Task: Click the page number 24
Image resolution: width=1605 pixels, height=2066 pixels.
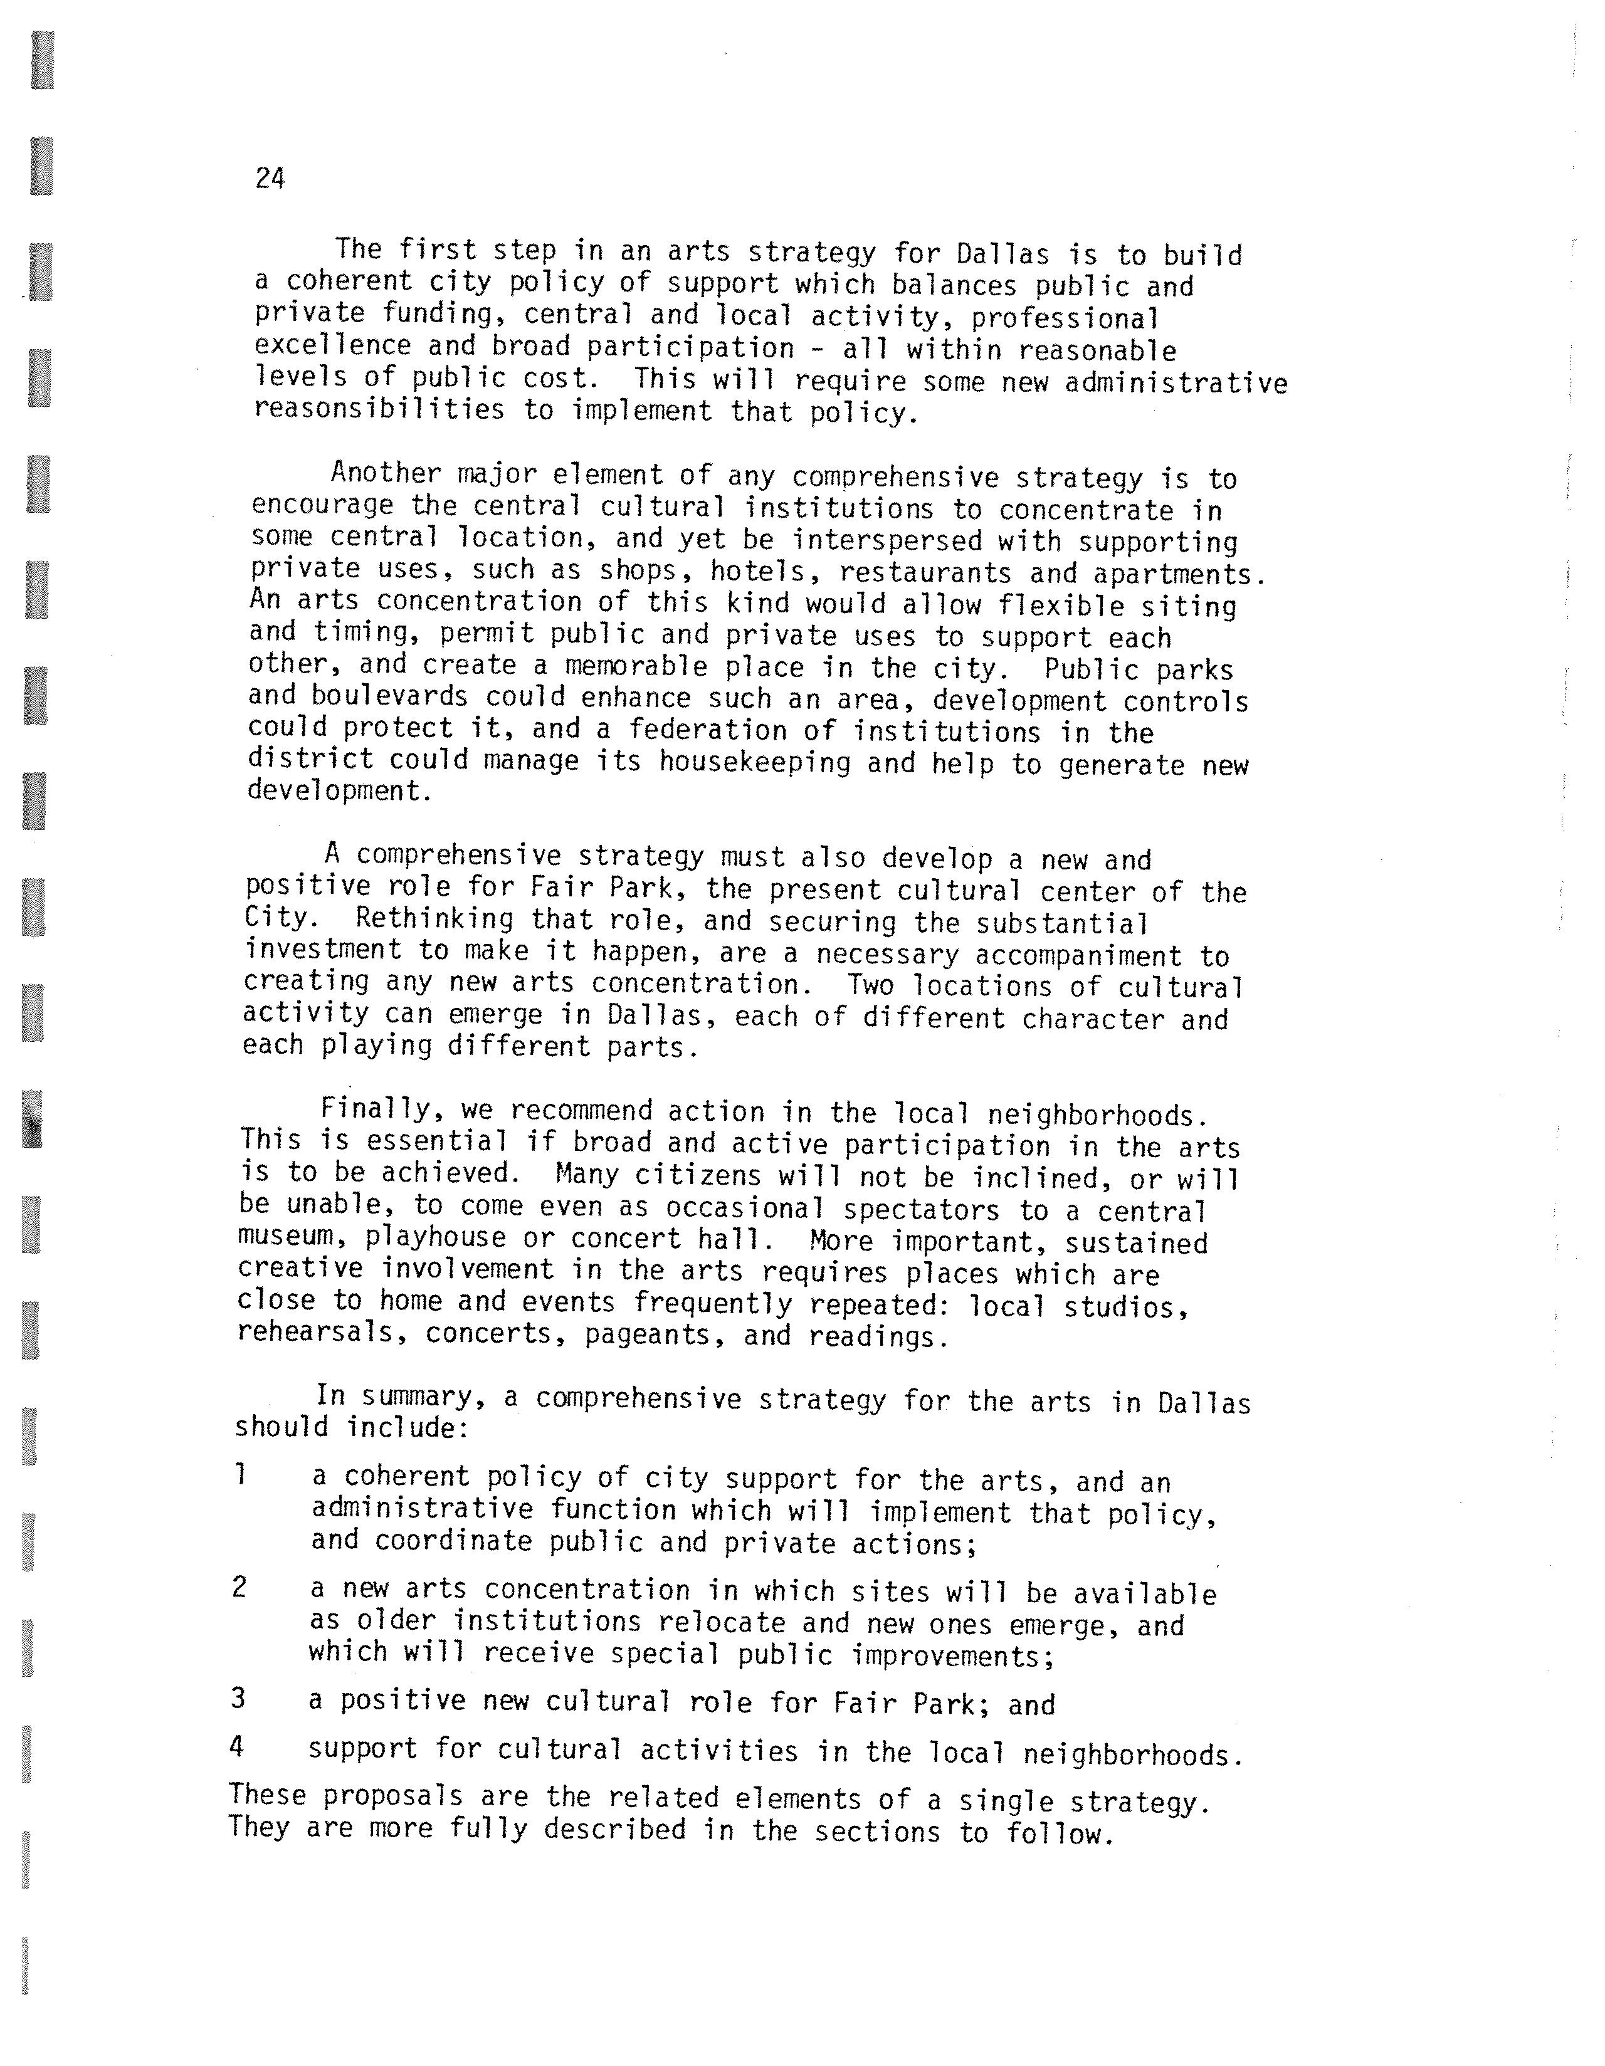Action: point(270,178)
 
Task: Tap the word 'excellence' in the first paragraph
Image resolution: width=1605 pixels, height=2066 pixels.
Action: point(332,346)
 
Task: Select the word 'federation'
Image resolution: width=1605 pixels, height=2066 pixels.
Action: point(708,730)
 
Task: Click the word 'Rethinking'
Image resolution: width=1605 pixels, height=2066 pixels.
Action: point(435,918)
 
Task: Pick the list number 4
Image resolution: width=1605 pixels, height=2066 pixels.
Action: point(236,1745)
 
